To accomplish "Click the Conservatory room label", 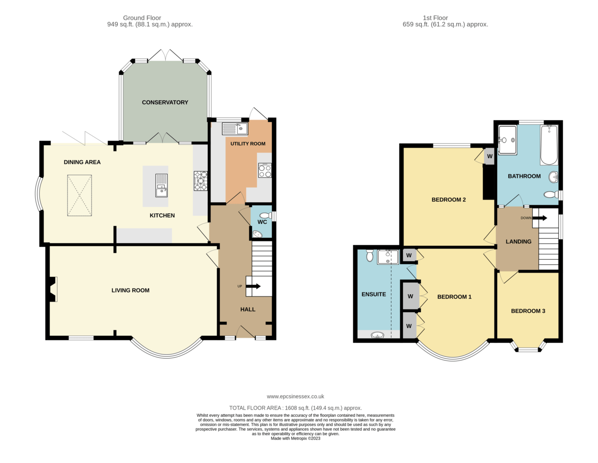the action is [165, 102].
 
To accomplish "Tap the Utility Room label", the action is [247, 143].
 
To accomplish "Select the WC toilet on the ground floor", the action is [265, 215].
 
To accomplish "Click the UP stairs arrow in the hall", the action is [253, 286].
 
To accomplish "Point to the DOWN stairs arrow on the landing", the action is [540, 218].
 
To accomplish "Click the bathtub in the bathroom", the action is [549, 145].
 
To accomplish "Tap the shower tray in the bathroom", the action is [507, 140].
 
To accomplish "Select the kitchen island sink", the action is [161, 185].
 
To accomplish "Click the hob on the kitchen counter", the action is [201, 181].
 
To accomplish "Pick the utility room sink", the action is [235, 129].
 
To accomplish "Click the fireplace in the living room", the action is [52, 289].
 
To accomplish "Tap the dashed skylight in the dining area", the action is [80, 195].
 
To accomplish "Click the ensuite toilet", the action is [369, 255].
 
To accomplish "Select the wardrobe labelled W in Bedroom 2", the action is [489, 156].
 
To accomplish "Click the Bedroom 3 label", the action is [528, 311].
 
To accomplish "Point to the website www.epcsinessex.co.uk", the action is [295, 396].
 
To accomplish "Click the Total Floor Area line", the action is [295, 408].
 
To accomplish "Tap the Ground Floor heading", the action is [142, 18].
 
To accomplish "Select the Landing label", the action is [518, 242].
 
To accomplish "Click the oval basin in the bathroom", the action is [553, 177].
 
